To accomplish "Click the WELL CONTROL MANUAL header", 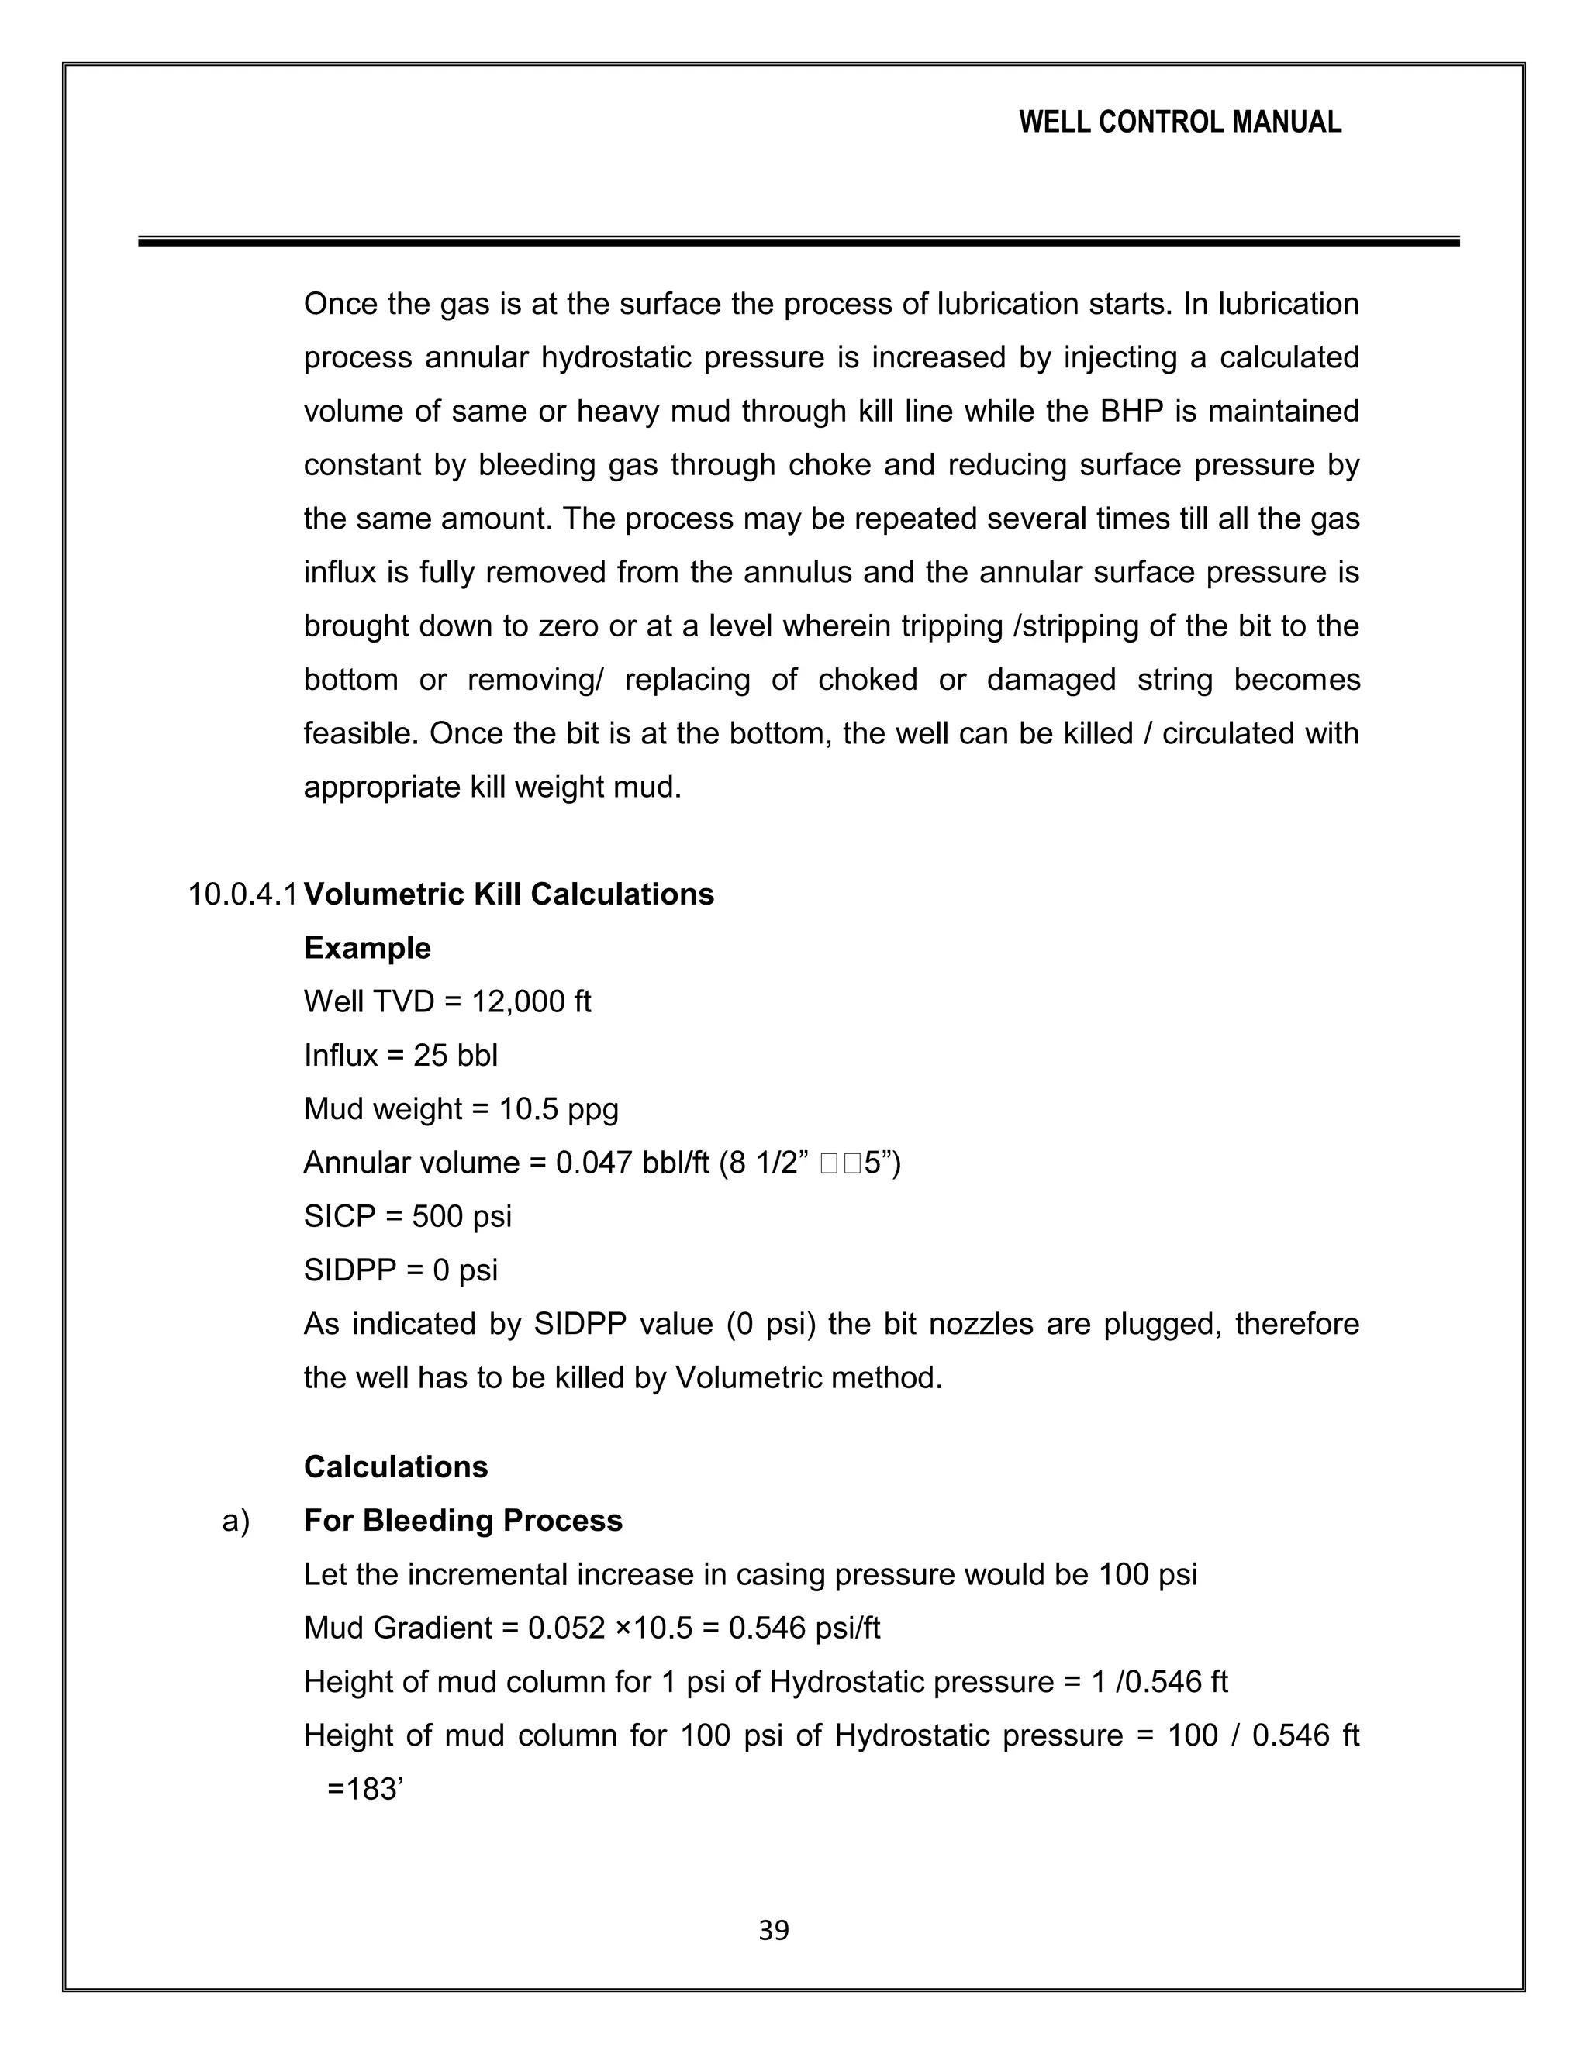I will (x=1179, y=122).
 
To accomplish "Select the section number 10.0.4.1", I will (x=243, y=894).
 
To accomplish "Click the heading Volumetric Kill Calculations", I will (x=509, y=894).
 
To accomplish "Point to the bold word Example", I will (x=367, y=948).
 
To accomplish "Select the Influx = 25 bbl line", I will (x=401, y=1055).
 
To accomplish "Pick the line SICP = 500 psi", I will (x=407, y=1217).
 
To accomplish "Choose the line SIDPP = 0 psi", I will (x=401, y=1270).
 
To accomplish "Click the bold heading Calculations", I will (x=396, y=1467).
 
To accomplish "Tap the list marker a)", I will (x=236, y=1521).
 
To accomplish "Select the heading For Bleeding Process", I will (x=463, y=1521).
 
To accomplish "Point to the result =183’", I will (x=365, y=1790).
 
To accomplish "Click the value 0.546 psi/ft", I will (x=804, y=1628).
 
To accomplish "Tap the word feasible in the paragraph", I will (x=361, y=733).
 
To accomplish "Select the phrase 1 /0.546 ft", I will (x=1159, y=1682).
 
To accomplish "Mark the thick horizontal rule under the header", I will (x=799, y=243).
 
